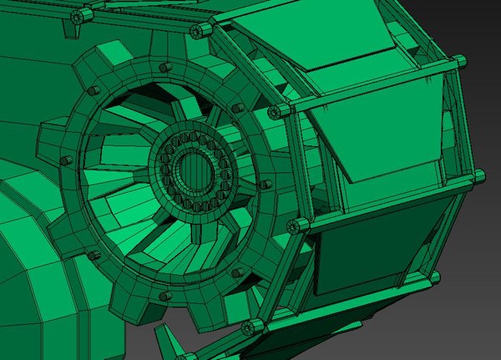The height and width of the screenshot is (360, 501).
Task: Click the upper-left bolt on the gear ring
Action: click(94, 89)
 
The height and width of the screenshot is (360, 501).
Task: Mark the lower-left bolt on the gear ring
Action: click(94, 255)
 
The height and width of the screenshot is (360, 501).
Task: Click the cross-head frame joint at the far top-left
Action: click(78, 17)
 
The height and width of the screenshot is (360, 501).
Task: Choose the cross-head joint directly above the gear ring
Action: click(198, 30)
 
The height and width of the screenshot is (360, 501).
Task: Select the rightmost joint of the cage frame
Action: click(478, 175)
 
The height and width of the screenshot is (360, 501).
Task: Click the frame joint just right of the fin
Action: click(247, 325)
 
